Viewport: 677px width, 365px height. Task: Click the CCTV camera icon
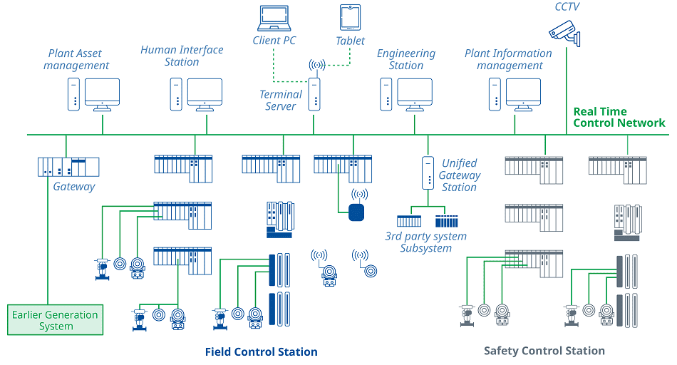pyautogui.click(x=566, y=30)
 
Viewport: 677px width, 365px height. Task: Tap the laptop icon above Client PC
pyautogui.click(x=274, y=19)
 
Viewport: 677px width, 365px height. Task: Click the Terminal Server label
pyautogui.click(x=281, y=100)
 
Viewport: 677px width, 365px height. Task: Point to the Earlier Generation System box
pyautogui.click(x=56, y=319)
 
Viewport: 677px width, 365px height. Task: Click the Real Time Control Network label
pyautogui.click(x=619, y=117)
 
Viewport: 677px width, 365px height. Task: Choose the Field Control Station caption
pyautogui.click(x=261, y=351)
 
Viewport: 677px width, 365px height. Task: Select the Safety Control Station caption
pyautogui.click(x=544, y=351)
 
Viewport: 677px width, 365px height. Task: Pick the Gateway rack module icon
pyautogui.click(x=68, y=167)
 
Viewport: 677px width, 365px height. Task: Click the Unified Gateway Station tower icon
pyautogui.click(x=428, y=172)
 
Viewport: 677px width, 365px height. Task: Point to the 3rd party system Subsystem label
pyautogui.click(x=425, y=242)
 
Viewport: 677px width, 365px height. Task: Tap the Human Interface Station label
pyautogui.click(x=182, y=56)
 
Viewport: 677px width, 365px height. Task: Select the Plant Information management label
pyautogui.click(x=508, y=59)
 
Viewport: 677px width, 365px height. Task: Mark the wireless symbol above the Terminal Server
pyautogui.click(x=316, y=66)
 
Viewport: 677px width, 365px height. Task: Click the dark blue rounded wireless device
pyautogui.click(x=357, y=212)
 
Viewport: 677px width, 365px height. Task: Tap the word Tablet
pyautogui.click(x=350, y=41)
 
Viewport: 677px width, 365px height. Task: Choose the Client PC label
pyautogui.click(x=274, y=41)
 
